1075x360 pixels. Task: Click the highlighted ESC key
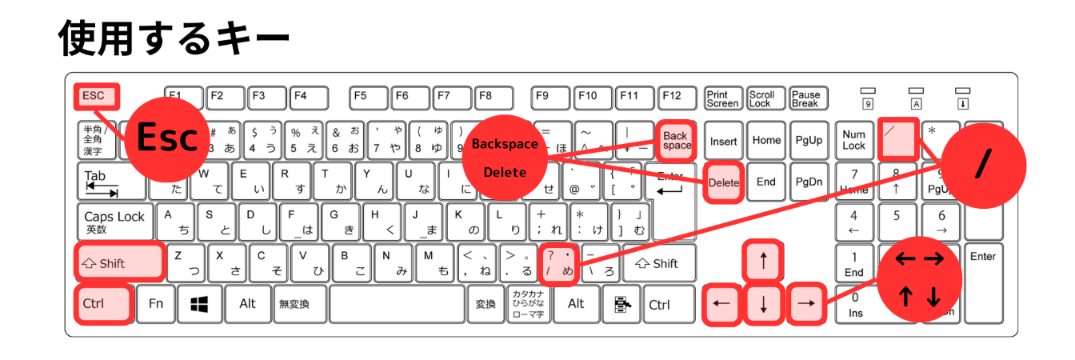(x=96, y=98)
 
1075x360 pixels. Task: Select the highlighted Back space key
(x=676, y=141)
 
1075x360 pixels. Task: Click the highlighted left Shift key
(x=120, y=263)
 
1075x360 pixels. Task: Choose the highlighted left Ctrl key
(x=102, y=304)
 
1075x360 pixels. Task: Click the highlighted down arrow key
(x=763, y=304)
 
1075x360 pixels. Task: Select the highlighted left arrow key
(x=721, y=304)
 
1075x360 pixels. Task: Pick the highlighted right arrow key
(x=806, y=304)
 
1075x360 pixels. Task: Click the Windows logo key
(x=199, y=304)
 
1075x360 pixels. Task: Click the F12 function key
(x=672, y=98)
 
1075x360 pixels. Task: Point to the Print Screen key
(x=722, y=98)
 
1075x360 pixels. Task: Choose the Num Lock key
(x=853, y=141)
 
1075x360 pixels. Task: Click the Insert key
(x=723, y=141)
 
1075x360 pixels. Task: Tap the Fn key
(x=156, y=304)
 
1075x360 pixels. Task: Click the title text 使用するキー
(x=174, y=38)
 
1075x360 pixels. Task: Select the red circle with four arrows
(x=918, y=278)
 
